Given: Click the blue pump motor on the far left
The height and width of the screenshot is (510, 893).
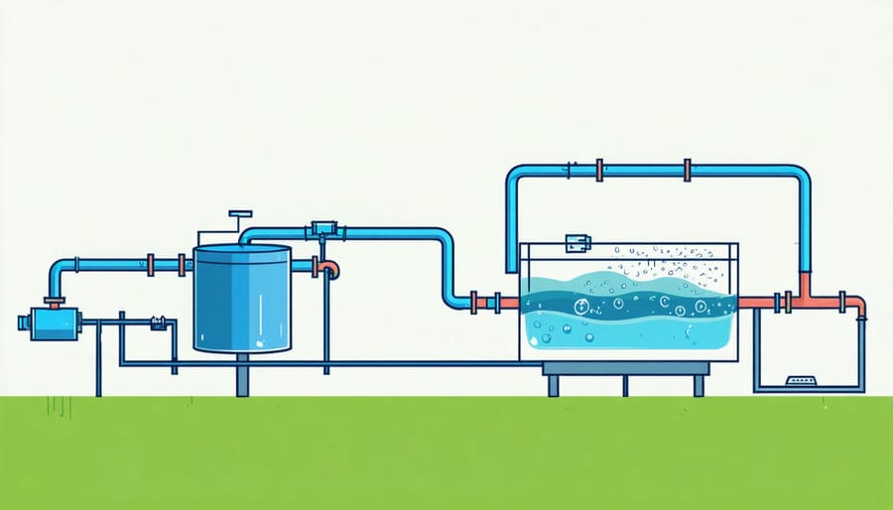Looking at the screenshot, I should (x=49, y=321).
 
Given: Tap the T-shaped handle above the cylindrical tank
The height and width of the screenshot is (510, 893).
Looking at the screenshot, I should (x=240, y=213).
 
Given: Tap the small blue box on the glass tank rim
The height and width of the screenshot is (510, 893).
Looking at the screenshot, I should (x=574, y=241).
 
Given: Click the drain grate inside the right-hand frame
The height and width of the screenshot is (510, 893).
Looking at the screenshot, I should (x=800, y=380).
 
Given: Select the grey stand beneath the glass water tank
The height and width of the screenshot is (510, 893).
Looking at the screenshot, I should (x=624, y=371).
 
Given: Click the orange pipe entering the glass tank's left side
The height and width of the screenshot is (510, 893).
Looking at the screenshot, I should (x=501, y=301).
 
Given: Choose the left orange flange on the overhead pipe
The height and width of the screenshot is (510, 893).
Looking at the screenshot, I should (x=600, y=171).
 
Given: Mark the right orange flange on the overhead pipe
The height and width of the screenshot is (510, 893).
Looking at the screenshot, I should (x=687, y=171).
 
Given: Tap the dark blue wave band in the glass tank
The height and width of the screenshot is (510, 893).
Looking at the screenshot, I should (x=627, y=304).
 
